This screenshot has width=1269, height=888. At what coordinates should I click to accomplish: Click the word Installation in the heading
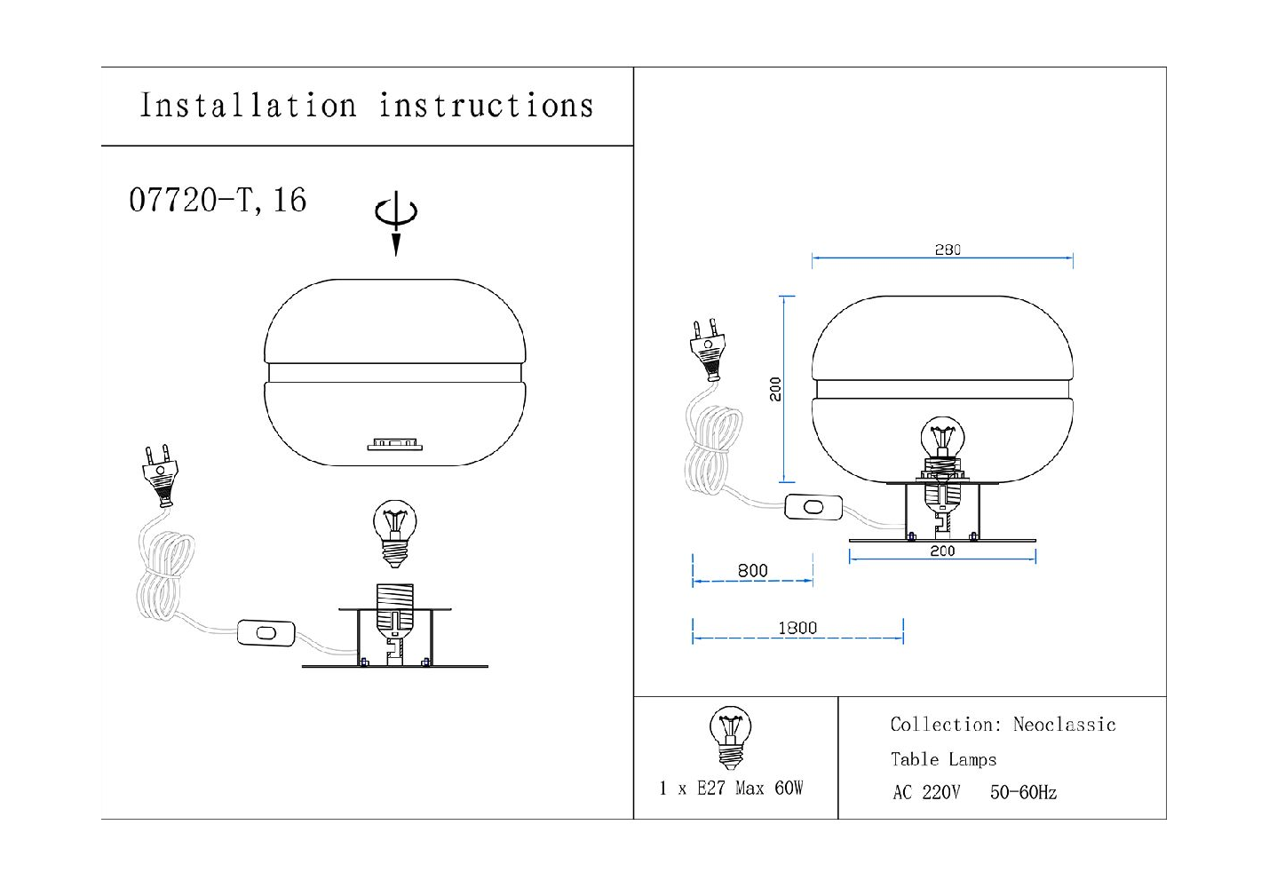(x=248, y=106)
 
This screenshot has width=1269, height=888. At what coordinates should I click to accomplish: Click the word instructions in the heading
(x=486, y=106)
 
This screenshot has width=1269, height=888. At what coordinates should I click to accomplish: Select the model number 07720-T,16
(x=218, y=201)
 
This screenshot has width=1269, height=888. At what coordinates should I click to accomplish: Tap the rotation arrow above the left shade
(x=396, y=223)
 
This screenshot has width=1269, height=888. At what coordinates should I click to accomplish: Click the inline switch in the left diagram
(x=266, y=633)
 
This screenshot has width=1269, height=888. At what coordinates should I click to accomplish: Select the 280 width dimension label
(x=948, y=250)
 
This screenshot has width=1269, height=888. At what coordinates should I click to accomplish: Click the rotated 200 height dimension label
(x=775, y=389)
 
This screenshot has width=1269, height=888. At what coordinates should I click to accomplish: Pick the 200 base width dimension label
(x=943, y=551)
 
